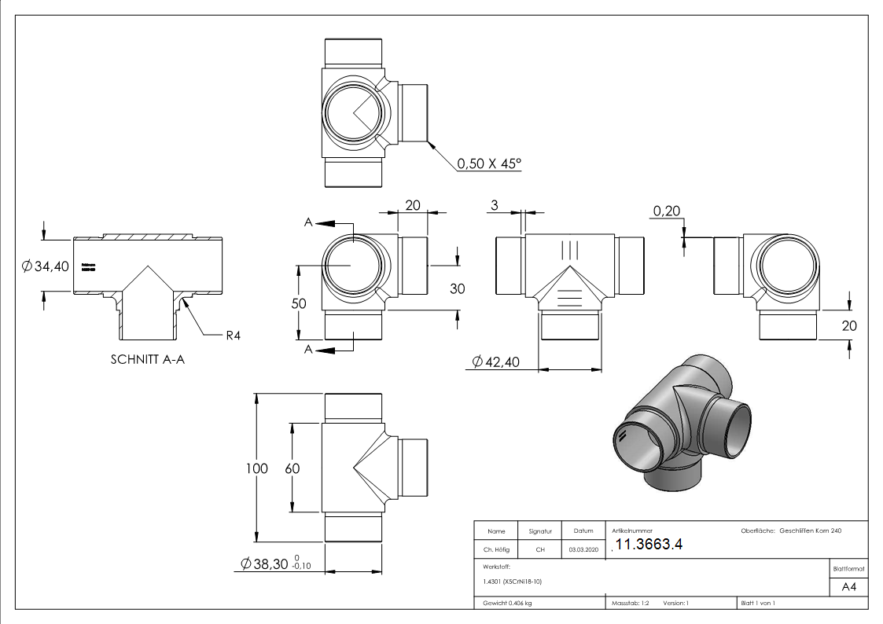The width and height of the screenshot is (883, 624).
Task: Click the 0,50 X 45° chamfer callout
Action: (489, 164)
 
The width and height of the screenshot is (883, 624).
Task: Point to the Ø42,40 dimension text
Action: (502, 362)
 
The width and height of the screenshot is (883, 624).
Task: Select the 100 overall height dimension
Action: (257, 468)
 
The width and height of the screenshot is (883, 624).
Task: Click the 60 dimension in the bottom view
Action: (292, 468)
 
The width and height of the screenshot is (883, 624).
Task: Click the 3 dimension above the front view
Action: (494, 205)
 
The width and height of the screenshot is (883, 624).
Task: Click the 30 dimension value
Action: (457, 288)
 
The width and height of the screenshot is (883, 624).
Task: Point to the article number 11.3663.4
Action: (649, 545)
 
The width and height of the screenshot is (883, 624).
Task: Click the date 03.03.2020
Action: (583, 550)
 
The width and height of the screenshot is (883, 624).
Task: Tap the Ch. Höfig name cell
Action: (496, 550)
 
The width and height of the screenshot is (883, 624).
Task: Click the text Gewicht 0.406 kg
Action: (508, 604)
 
